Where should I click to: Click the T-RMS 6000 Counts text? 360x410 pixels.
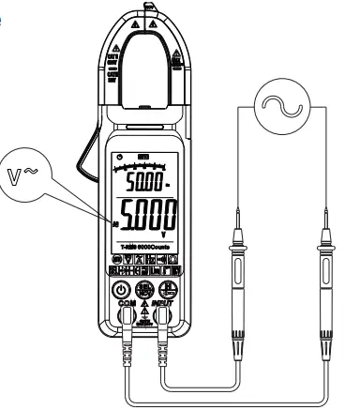point(137,247)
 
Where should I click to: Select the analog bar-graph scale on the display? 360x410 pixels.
point(135,162)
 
